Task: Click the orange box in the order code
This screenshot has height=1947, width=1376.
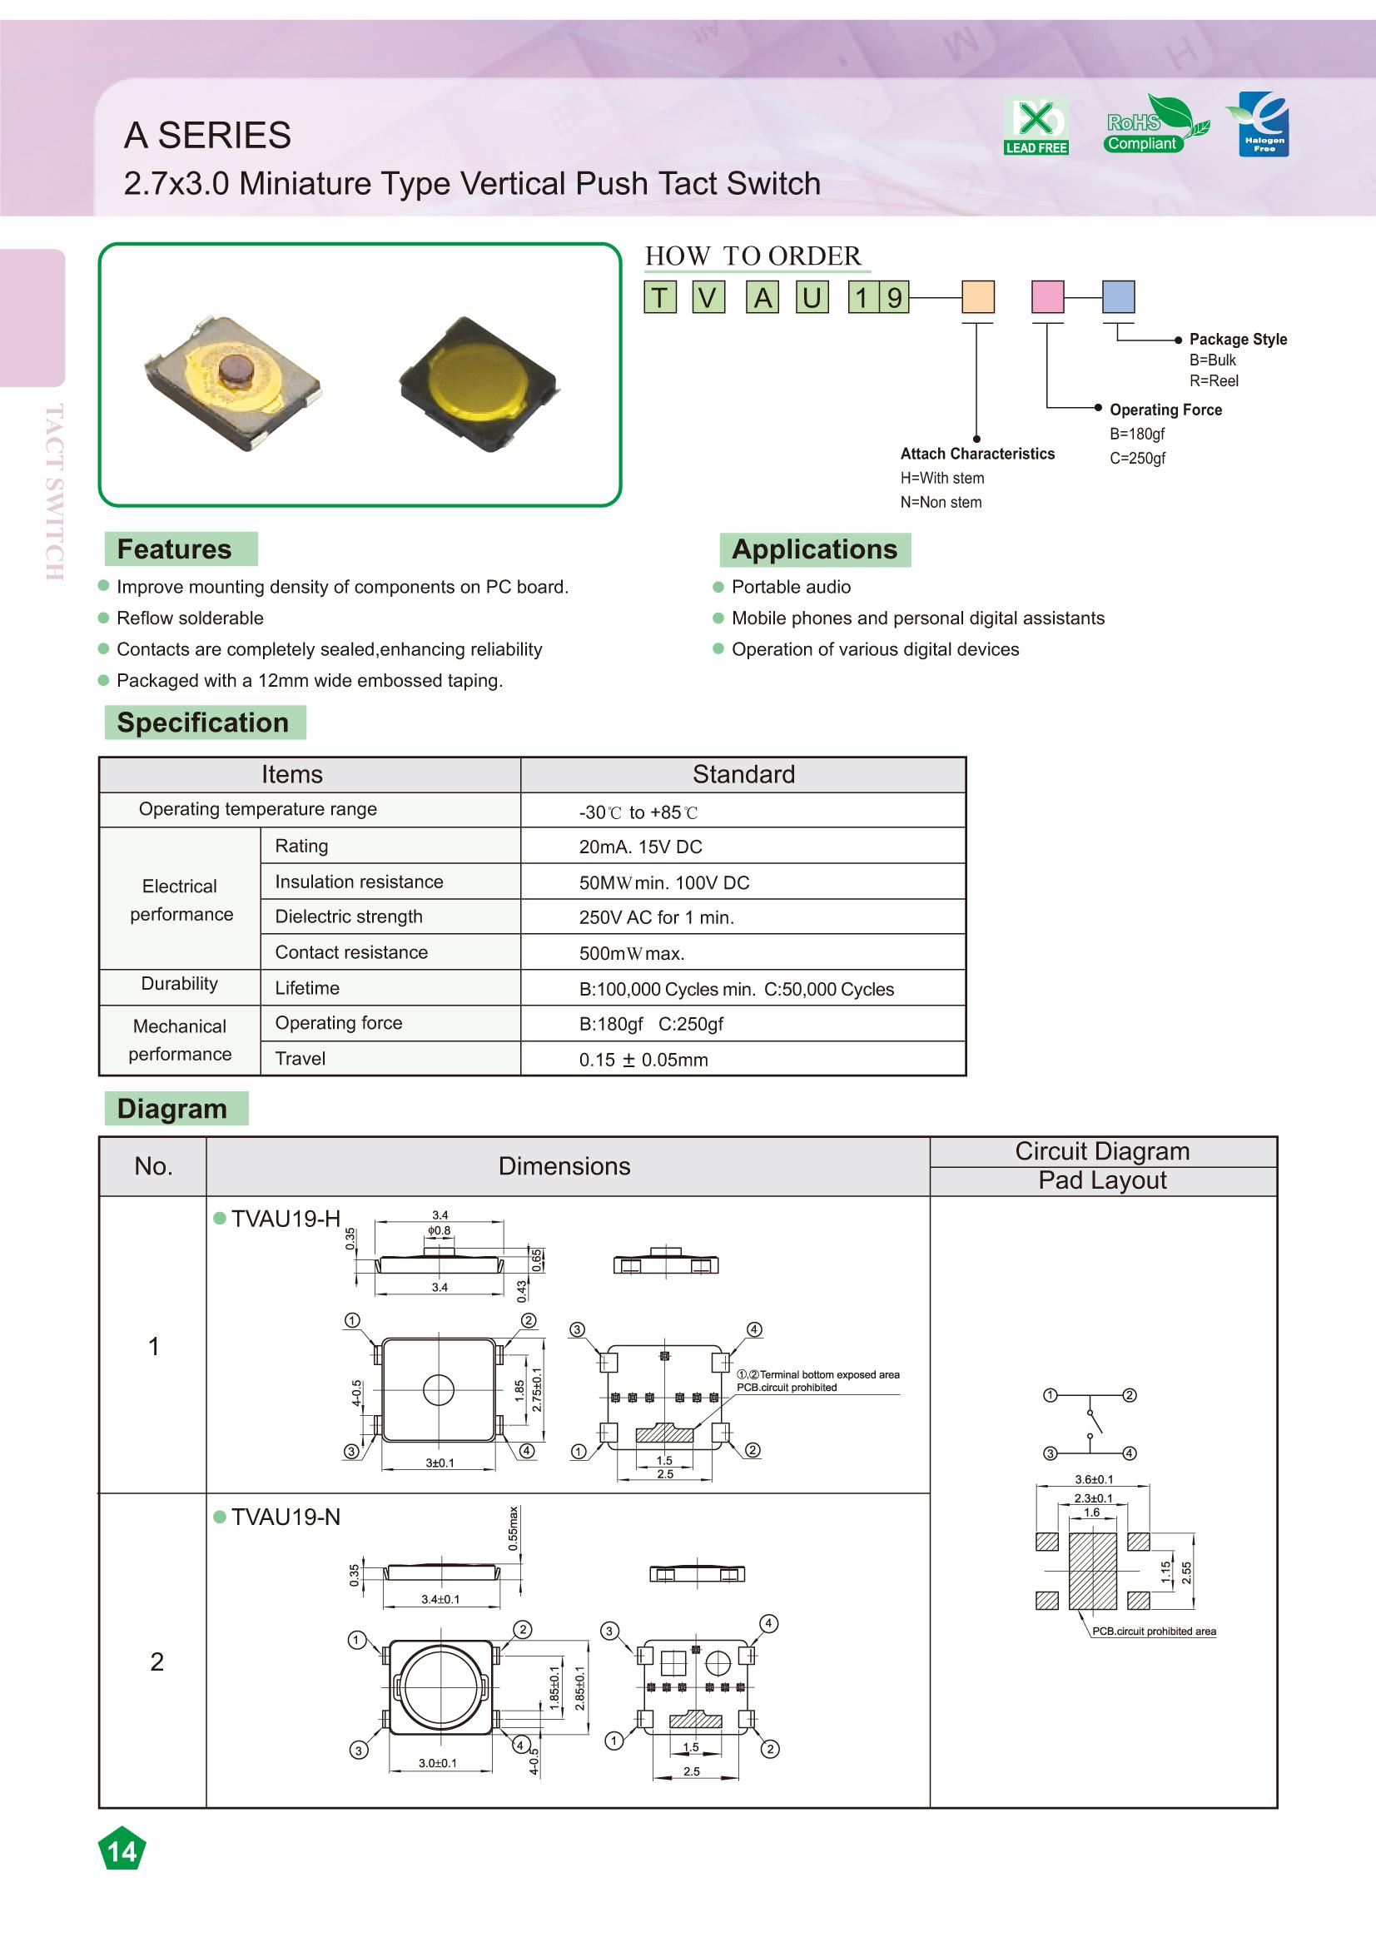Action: [x=977, y=298]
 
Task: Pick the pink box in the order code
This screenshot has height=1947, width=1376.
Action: [x=1047, y=298]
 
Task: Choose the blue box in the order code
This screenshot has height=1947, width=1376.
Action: [x=1117, y=298]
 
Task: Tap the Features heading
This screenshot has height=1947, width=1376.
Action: [x=174, y=549]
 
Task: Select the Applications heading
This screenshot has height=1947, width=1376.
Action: [x=814, y=549]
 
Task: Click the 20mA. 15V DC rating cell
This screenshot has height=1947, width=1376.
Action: [x=640, y=847]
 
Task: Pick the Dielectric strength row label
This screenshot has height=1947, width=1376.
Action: [x=349, y=916]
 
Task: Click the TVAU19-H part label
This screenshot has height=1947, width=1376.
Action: [x=285, y=1219]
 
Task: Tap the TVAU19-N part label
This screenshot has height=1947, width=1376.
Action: [x=285, y=1517]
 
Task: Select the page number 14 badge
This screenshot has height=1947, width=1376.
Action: [x=122, y=1850]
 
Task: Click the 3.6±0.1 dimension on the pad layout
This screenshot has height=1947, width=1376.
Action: [x=1094, y=1480]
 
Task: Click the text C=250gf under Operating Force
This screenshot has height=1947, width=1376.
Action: [x=1138, y=459]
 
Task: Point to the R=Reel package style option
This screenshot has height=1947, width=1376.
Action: [x=1213, y=381]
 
